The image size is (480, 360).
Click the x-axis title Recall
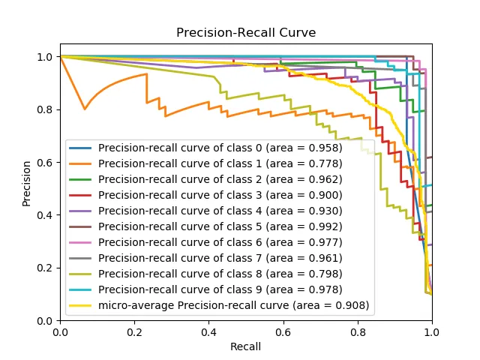tap(246, 346)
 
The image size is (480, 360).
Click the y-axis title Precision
tap(27, 187)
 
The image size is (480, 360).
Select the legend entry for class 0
tap(220, 148)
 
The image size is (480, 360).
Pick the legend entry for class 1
tap(220, 163)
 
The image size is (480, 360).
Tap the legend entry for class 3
tap(220, 195)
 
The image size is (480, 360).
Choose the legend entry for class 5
tap(220, 226)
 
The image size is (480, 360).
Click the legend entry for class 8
tap(220, 274)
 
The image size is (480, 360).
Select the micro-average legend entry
tap(233, 305)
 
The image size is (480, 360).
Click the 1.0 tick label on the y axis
tap(44, 57)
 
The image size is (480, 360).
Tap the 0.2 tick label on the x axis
tap(134, 331)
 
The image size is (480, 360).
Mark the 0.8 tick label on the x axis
tap(358, 331)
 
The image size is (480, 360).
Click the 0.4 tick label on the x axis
tap(208, 331)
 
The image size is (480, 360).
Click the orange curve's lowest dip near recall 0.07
tap(85, 109)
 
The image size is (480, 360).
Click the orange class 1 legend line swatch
tap(82, 163)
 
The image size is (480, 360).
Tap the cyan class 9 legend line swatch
tap(82, 289)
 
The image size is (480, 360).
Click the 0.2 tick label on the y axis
tap(44, 268)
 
